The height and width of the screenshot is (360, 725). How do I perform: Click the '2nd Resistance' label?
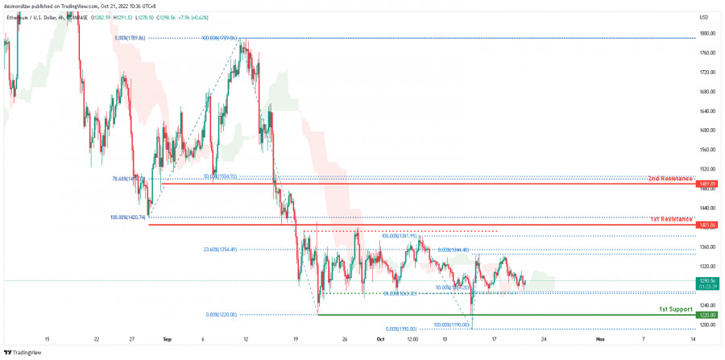[x=670, y=177]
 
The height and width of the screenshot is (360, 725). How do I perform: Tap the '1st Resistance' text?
[x=670, y=218]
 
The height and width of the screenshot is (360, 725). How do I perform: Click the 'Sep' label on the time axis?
[x=167, y=340]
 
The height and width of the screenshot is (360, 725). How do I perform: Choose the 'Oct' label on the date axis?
[x=380, y=340]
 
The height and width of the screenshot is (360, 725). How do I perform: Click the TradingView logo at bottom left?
[x=22, y=352]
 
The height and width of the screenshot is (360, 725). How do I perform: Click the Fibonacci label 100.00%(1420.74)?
[x=127, y=217]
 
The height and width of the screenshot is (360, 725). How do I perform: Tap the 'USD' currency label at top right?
[x=705, y=16]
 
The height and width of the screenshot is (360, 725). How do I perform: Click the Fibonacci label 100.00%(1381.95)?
[x=399, y=237]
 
